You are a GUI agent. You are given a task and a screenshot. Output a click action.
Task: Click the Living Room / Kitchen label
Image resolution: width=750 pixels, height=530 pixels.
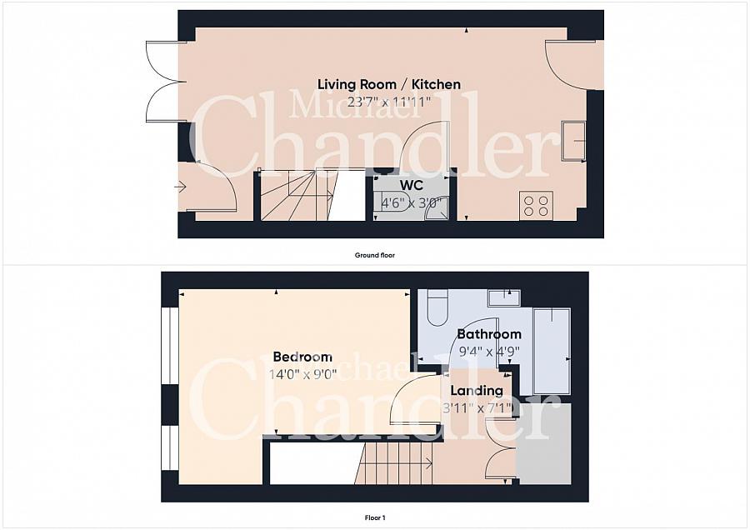[389, 85]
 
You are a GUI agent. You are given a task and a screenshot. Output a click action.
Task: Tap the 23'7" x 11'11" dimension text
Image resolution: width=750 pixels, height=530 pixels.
[389, 102]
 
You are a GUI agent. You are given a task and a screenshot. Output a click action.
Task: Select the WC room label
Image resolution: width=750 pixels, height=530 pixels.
[412, 185]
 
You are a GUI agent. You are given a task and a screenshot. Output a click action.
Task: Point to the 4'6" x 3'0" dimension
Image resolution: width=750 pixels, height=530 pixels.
[410, 202]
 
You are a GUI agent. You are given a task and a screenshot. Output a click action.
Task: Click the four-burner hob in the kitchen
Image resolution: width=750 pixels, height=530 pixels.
[536, 206]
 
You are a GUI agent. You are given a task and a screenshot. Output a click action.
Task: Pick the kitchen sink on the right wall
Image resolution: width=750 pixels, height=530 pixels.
[573, 141]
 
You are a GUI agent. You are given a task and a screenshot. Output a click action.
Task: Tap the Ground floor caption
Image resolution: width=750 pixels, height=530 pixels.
[374, 256]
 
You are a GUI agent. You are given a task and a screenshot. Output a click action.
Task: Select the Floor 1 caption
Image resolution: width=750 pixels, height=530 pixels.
[375, 517]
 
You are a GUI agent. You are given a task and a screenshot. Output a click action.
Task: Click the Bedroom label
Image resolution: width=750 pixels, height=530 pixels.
[302, 357]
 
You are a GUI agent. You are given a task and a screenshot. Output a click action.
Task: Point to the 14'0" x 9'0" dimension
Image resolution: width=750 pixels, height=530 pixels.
[302, 374]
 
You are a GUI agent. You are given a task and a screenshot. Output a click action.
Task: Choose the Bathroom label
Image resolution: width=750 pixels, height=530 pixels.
[489, 334]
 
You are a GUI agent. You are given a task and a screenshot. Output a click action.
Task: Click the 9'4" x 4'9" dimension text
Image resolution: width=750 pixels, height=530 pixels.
[489, 352]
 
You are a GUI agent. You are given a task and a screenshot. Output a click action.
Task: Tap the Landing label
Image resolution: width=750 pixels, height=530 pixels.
[477, 391]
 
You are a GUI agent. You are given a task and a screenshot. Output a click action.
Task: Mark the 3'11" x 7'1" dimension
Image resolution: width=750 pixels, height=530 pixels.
[477, 408]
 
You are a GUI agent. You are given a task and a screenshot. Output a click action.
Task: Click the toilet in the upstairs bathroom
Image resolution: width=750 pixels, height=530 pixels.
[437, 307]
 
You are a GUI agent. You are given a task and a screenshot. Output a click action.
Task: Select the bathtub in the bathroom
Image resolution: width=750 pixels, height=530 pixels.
[552, 351]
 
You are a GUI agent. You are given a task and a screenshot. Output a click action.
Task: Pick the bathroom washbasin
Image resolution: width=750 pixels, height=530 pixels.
[504, 297]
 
